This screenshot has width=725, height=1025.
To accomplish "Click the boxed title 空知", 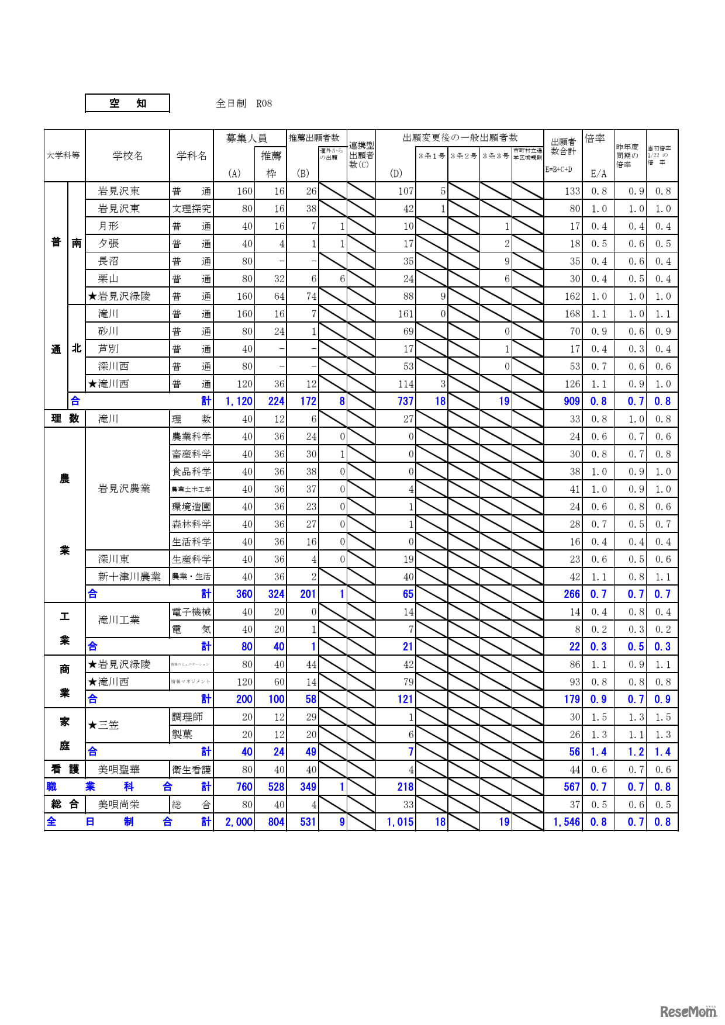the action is [x=127, y=103].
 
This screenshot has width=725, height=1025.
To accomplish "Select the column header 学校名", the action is [x=127, y=156].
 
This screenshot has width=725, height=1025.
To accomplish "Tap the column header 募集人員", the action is [x=246, y=138].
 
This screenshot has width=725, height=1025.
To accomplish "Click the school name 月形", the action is [x=109, y=226].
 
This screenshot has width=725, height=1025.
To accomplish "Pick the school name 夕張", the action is [x=109, y=244].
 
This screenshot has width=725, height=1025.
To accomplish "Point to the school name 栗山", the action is [x=109, y=279].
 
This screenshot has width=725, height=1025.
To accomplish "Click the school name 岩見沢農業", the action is [x=124, y=489].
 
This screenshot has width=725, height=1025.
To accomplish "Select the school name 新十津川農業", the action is [x=129, y=577].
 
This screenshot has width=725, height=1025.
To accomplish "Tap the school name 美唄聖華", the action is [x=119, y=770].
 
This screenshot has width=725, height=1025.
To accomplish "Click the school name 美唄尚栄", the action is [x=119, y=805].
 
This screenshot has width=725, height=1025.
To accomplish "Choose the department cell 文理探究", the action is [x=191, y=209].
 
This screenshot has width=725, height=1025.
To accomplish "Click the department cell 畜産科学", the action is [x=191, y=454].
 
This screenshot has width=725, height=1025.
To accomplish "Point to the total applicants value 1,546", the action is [x=566, y=822].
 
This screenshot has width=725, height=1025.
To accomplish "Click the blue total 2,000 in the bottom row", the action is [x=239, y=822].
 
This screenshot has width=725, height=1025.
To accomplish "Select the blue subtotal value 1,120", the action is [x=239, y=401].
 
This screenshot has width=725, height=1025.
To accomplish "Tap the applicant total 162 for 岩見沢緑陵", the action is [x=572, y=296].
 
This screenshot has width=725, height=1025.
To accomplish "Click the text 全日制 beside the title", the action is [x=231, y=103].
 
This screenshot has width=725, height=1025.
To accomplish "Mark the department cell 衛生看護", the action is [x=191, y=770].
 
